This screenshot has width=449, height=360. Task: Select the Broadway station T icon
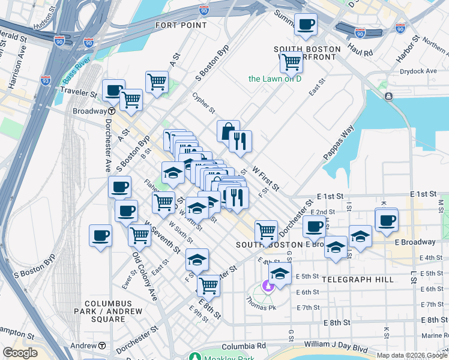112,111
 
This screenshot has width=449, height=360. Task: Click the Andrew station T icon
102,346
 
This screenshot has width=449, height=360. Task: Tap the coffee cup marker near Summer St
306,25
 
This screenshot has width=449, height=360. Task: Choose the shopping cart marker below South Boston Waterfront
291,61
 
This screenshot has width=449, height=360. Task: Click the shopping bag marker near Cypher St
229,130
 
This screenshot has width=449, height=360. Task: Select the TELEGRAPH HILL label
358,280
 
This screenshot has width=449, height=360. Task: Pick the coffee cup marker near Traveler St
113,91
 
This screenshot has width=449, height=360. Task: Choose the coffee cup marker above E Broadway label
387,220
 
